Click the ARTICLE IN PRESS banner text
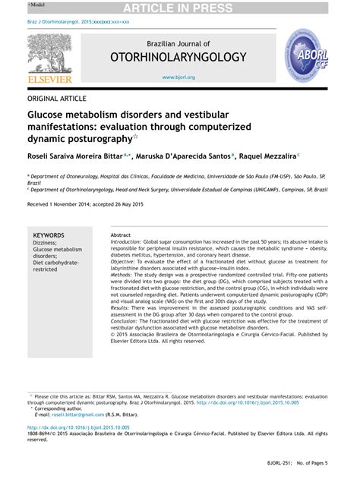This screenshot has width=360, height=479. [x=179, y=8]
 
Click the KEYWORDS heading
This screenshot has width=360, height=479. [x=49, y=235]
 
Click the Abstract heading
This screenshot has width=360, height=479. [x=121, y=235]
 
